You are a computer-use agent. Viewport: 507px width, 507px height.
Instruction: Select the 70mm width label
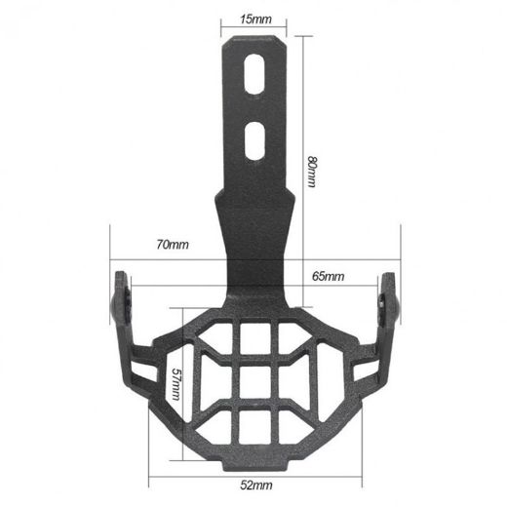(172, 245)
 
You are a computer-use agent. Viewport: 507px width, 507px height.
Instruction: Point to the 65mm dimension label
(329, 277)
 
